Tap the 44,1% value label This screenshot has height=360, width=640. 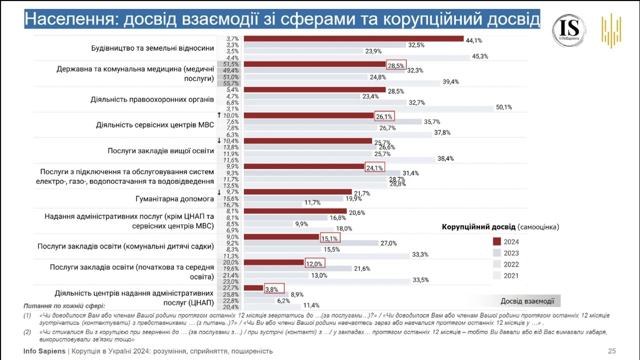click(x=474, y=39)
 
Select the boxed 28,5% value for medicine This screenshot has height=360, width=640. click(x=397, y=65)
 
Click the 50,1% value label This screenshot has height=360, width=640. click(x=503, y=107)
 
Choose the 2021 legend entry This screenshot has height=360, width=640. click(x=510, y=276)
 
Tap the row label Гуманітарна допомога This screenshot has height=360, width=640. click(x=175, y=199)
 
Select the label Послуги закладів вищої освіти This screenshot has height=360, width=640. click(x=161, y=151)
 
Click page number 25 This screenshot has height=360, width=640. click(x=612, y=351)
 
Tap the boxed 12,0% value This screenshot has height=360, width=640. click(x=315, y=263)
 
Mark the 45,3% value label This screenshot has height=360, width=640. click(x=480, y=57)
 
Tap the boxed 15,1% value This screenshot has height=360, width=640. click(x=330, y=238)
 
